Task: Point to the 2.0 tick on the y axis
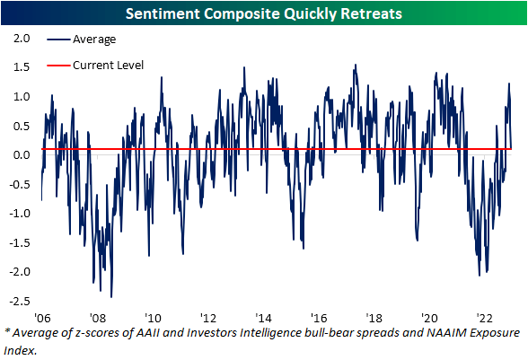click(22, 39)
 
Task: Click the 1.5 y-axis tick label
click(22, 67)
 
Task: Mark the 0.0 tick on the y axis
click(22, 154)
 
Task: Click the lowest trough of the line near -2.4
click(111, 296)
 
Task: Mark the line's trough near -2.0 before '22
click(480, 274)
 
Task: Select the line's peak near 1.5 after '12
click(244, 67)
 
